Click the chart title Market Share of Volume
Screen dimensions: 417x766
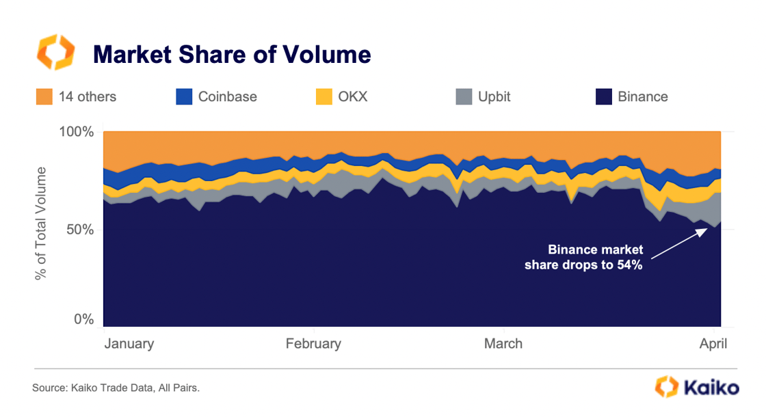232,54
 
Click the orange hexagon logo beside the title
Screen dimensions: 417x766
54,53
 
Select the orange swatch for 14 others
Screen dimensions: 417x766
44,96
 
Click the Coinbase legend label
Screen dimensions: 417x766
227,96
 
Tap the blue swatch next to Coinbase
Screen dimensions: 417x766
184,96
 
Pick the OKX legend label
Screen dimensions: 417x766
352,96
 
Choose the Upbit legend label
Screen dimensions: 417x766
494,96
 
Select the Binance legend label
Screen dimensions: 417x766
642,96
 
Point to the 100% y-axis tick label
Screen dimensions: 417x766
75,131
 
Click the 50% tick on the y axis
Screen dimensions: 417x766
79,229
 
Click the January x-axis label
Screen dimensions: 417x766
129,344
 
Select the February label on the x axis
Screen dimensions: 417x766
313,344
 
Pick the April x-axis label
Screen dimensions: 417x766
713,344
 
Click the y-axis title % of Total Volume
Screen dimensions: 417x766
42,223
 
